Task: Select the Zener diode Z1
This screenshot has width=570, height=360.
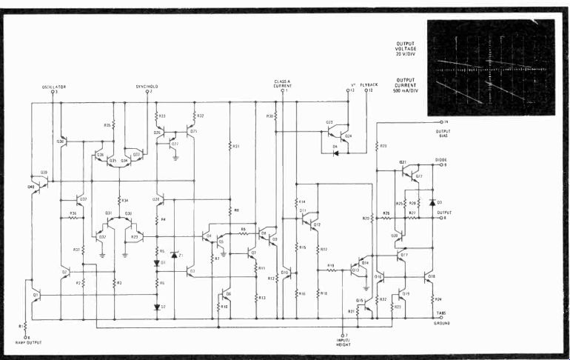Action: (174, 255)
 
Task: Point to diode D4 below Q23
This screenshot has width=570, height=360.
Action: (337, 154)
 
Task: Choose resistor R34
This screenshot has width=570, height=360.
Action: (118, 201)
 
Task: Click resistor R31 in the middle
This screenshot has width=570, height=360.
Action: (231, 147)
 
